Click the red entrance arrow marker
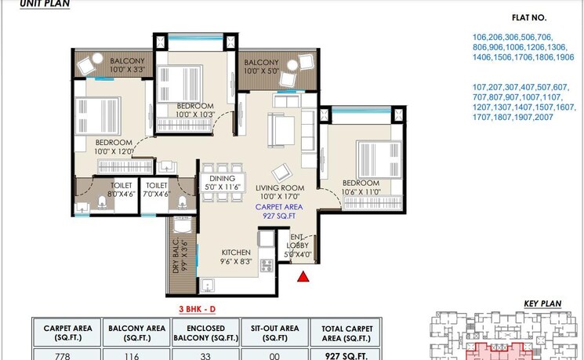(303, 275)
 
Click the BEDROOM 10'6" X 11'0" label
(361, 187)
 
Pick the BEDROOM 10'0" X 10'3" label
(194, 110)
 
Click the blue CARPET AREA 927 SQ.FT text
(279, 209)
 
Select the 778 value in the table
(66, 355)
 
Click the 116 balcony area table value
(136, 355)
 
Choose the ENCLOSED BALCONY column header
(206, 333)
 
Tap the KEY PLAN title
(541, 304)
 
